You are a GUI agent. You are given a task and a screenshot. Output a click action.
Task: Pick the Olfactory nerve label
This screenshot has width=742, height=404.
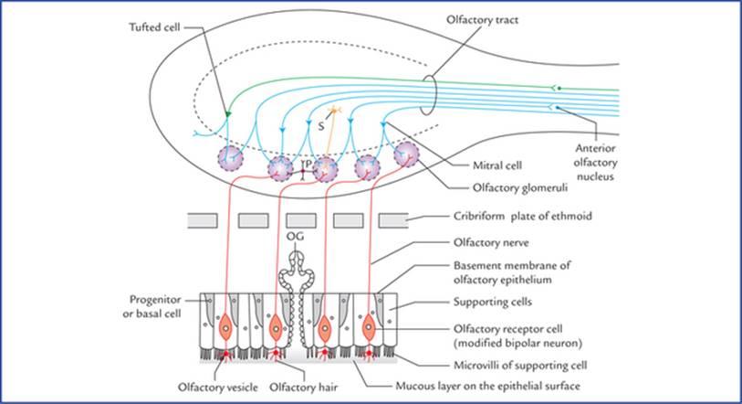(489, 245)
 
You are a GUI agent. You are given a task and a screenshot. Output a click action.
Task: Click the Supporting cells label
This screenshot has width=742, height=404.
(496, 300)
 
